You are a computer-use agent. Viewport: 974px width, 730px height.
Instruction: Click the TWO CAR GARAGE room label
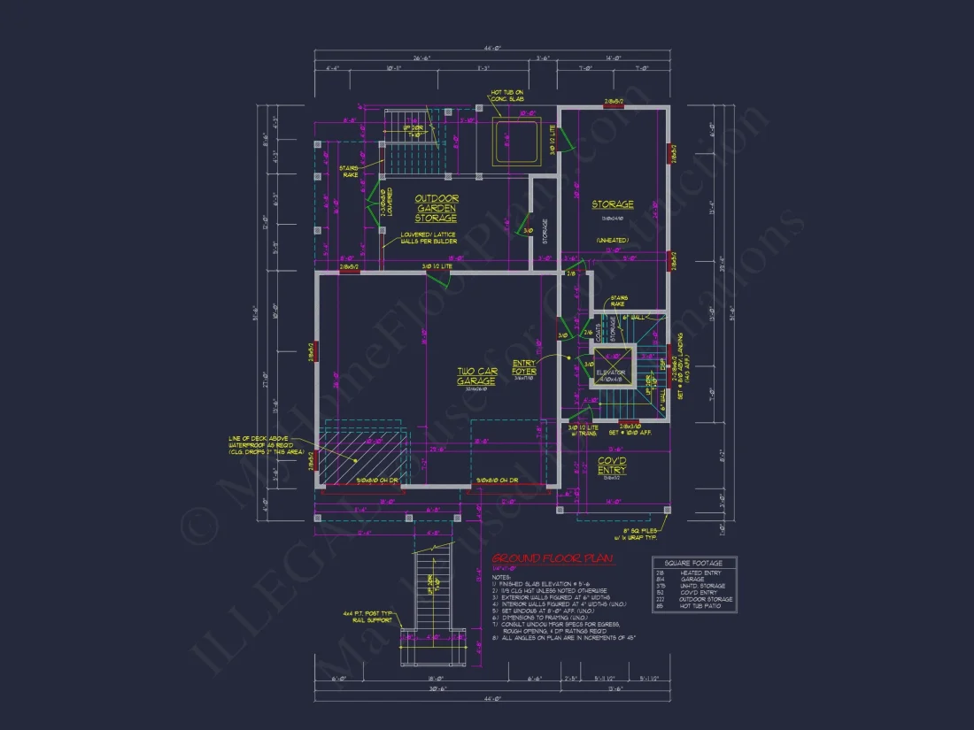[x=475, y=375]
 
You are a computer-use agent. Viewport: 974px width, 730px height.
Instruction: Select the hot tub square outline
[x=516, y=142]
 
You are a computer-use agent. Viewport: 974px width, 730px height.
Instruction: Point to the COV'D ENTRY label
[x=611, y=465]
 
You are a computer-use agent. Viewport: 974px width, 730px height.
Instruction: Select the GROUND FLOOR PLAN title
[x=553, y=559]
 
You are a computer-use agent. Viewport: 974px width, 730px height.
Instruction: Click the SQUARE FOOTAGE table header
[x=694, y=563]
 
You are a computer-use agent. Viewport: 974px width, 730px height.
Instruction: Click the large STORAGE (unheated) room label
[x=613, y=205]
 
